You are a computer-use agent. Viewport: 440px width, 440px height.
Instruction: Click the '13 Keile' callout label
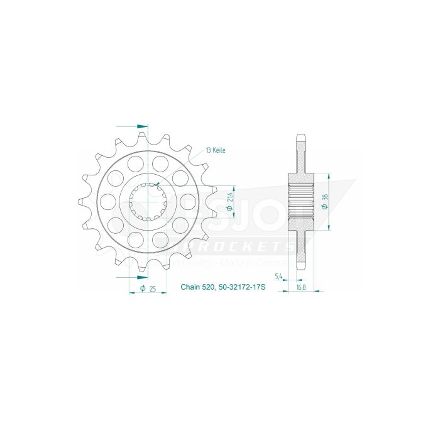(x=215, y=151)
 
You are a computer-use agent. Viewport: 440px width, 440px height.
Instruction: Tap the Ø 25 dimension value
(x=148, y=289)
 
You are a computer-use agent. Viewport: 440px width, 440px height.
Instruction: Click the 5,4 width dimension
(x=278, y=277)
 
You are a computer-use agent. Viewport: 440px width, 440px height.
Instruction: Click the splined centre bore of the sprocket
(x=147, y=201)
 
